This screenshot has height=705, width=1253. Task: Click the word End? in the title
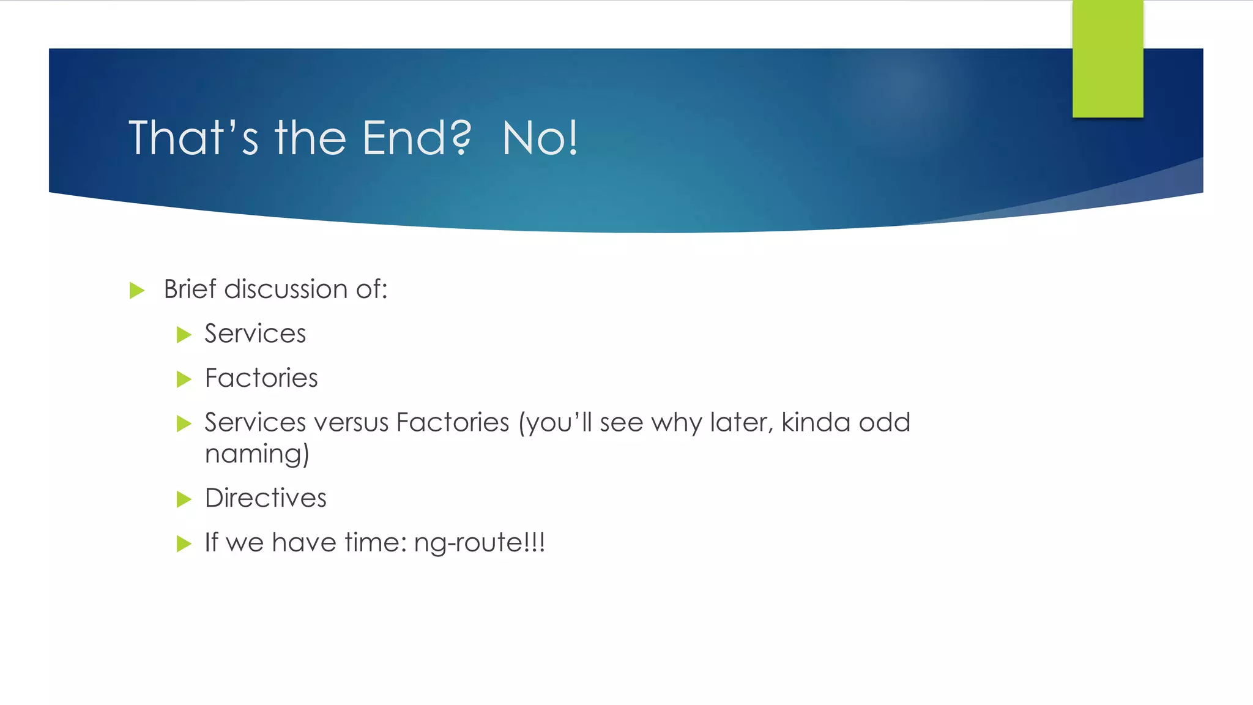pos(417,138)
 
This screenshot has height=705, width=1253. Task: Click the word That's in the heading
pos(193,138)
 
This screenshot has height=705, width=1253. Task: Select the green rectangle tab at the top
pos(1107,59)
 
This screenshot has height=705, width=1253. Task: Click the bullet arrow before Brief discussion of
pos(137,290)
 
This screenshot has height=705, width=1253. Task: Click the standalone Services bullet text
pos(255,334)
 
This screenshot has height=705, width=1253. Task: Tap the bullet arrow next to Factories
pos(184,379)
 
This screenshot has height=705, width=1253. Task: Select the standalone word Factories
pos(261,378)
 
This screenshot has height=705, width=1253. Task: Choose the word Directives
pos(266,498)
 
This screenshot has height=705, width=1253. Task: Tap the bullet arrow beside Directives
pos(184,499)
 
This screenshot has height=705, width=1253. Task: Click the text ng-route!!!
pos(479,542)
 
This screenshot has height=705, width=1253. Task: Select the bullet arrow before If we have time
pos(184,543)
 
